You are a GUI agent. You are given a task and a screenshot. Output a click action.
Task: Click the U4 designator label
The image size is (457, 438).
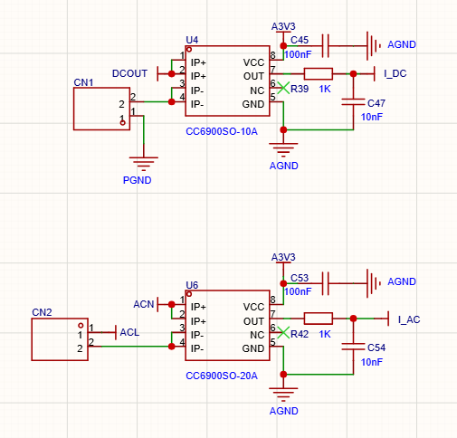point(192,40)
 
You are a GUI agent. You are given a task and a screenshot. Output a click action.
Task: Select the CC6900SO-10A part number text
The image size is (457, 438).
point(222,131)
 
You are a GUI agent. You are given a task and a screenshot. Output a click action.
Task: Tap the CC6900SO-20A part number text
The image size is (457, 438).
point(222,376)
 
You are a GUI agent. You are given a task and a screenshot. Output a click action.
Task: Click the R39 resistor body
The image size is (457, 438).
point(319,73)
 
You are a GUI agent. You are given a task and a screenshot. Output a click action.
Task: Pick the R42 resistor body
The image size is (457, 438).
point(319,319)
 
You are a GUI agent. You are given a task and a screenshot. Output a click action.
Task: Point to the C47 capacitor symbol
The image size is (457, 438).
point(353,102)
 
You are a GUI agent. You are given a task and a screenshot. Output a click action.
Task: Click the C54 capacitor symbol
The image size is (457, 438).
point(353,347)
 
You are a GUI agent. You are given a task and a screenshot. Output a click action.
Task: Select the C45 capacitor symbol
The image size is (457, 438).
point(326,46)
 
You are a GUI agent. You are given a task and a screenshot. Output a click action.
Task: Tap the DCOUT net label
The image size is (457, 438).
point(129,73)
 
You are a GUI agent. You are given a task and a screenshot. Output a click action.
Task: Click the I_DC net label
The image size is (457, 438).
point(395,73)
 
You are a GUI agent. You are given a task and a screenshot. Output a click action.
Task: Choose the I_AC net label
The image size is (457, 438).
point(409,319)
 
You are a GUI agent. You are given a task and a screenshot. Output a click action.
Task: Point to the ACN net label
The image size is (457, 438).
point(144,304)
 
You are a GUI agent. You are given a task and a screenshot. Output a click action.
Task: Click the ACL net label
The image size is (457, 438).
point(129,332)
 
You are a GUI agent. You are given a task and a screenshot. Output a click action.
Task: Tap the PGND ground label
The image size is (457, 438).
point(137,180)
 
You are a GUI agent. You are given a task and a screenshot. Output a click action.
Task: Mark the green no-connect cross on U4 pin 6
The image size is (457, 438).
point(283,88)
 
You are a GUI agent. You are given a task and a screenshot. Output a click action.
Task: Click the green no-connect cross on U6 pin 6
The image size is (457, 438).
point(283,332)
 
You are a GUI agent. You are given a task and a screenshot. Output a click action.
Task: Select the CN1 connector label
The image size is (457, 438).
point(83,82)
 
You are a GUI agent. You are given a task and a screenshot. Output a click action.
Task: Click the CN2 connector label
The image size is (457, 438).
point(42,312)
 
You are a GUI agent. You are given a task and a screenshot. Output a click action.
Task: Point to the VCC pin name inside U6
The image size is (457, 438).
point(253,307)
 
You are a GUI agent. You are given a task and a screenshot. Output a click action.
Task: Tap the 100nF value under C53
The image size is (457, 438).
point(298,291)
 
